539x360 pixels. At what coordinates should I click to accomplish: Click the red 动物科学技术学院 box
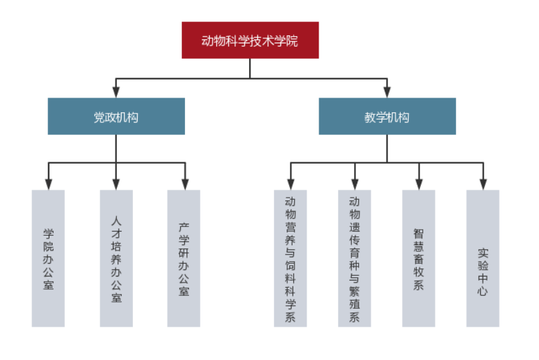[x=250, y=40]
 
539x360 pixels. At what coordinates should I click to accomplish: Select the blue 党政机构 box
[x=116, y=117]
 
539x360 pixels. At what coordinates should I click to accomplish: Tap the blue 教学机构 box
[x=387, y=117]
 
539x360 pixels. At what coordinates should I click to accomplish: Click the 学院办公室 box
[x=48, y=258]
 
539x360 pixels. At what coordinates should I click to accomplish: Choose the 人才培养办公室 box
[x=116, y=258]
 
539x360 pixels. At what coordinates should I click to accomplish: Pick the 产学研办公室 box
[x=184, y=258]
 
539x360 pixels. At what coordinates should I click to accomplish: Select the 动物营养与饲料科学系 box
[x=291, y=258]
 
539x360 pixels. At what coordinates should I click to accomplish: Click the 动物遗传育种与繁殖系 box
[x=354, y=258]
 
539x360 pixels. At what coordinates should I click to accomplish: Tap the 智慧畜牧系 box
[x=419, y=258]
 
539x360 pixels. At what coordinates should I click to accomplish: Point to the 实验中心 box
[x=482, y=258]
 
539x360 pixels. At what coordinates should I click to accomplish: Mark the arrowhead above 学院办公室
[x=48, y=184]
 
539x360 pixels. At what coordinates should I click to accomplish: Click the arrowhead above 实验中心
[x=482, y=184]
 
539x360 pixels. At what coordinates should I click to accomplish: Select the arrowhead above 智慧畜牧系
[x=419, y=184]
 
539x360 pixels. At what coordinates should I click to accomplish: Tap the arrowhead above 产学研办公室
[x=184, y=184]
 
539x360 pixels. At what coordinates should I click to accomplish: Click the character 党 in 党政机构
[x=99, y=118]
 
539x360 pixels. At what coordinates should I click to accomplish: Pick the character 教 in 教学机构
[x=369, y=118]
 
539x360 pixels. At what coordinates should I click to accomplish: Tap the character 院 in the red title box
[x=292, y=41]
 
